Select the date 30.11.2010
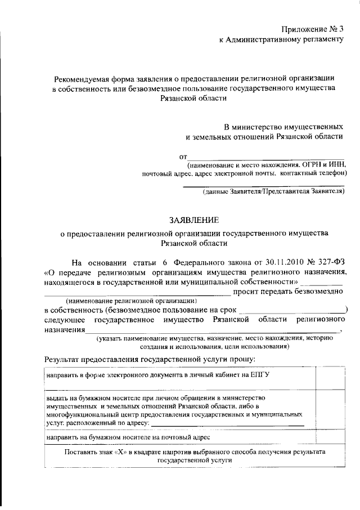[x=281, y=262]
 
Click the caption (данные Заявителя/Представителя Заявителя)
[x=273, y=192]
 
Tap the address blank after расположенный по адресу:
[x=228, y=422]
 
